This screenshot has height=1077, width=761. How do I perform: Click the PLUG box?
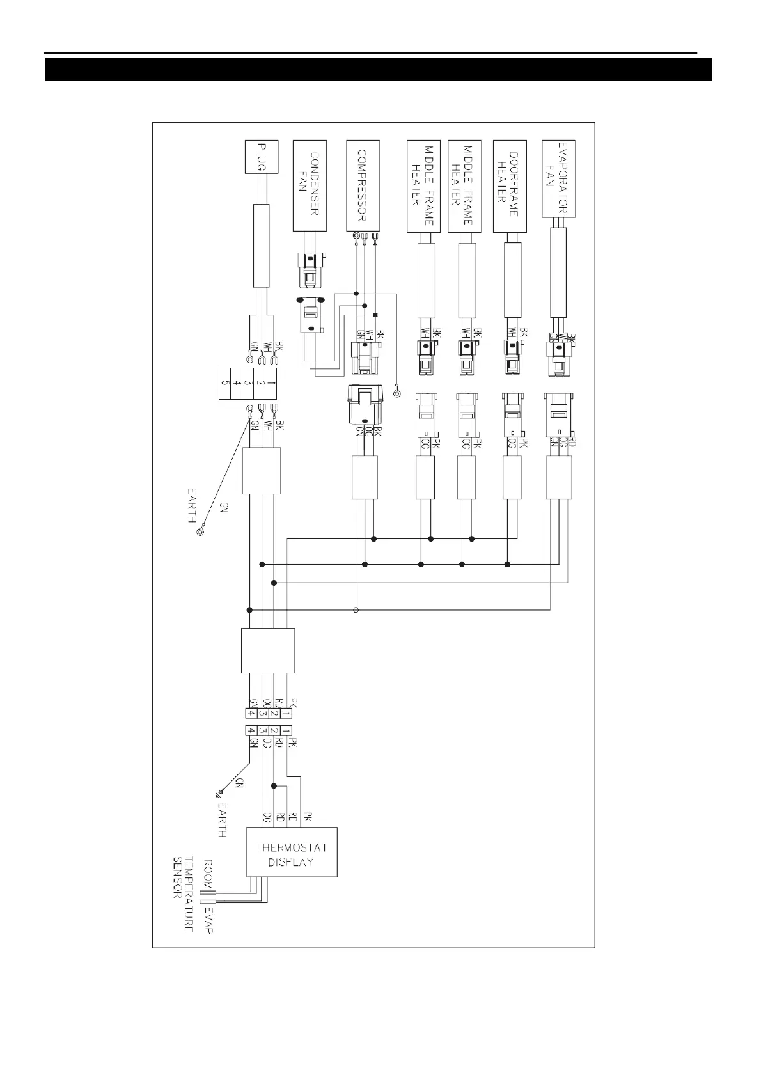[261, 157]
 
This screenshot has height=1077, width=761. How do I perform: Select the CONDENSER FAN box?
[310, 185]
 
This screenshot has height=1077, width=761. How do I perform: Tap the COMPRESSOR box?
[363, 185]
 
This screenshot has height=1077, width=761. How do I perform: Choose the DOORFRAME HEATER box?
[510, 185]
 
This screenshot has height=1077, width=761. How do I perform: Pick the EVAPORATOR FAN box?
[558, 179]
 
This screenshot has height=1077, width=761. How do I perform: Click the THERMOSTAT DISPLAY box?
[292, 853]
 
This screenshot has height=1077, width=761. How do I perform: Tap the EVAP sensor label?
[207, 919]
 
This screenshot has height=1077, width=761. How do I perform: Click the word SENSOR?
[177, 877]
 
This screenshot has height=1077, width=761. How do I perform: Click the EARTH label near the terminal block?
[192, 505]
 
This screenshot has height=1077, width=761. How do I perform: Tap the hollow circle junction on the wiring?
[356, 609]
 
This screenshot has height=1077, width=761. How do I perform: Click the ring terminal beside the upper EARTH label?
[201, 530]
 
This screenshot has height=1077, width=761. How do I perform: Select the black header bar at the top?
[379, 70]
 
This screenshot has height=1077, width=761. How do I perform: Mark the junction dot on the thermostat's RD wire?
[274, 785]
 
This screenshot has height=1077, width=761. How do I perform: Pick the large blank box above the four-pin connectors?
[268, 650]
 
